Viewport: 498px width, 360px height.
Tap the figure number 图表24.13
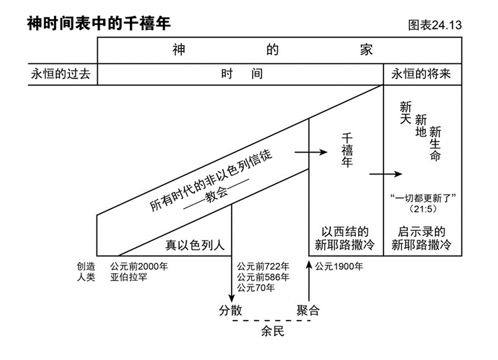436,26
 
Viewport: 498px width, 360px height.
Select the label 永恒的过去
60,73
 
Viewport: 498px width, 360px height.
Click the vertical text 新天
405,113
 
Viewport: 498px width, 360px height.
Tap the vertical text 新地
421,127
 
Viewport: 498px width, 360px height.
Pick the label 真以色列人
194,245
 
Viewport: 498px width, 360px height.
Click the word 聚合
308,310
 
